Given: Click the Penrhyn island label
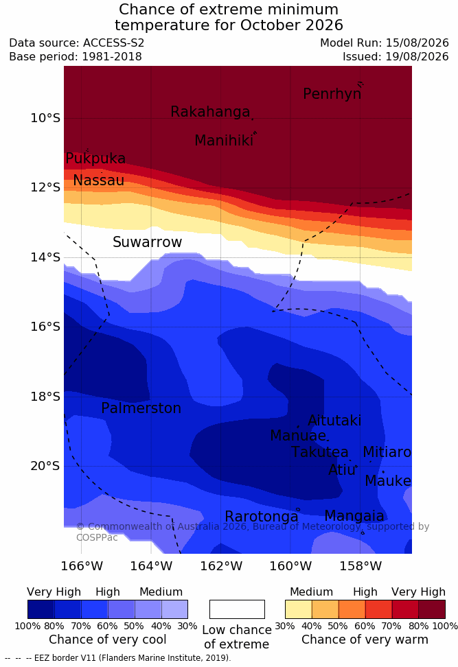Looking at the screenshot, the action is click(x=332, y=94).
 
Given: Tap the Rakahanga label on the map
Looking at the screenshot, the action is click(x=210, y=112).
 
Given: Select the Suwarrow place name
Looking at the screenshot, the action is click(x=147, y=242).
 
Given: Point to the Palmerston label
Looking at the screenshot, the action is click(x=141, y=408).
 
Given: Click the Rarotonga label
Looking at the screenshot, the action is click(x=262, y=517).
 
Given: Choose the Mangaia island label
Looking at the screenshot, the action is click(x=354, y=516).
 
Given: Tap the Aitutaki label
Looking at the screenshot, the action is click(x=334, y=421).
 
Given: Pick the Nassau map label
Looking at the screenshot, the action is click(x=99, y=180).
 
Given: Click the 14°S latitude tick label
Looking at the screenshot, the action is click(x=45, y=257).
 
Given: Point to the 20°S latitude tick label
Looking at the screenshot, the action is click(x=45, y=466).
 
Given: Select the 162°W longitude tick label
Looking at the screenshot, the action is click(x=221, y=566).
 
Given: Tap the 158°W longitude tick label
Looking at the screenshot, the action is click(x=360, y=566).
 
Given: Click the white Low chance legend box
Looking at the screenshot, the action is click(x=237, y=609).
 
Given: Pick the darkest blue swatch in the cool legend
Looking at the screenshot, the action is click(x=41, y=609).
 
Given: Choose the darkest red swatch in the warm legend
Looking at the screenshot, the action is click(x=432, y=609).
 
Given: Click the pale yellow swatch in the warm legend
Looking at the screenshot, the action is click(x=299, y=609).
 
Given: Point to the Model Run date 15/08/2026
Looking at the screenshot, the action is click(x=417, y=43).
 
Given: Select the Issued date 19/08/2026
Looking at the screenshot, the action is click(x=417, y=56).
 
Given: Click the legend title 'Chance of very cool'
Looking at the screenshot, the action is click(x=108, y=640).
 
